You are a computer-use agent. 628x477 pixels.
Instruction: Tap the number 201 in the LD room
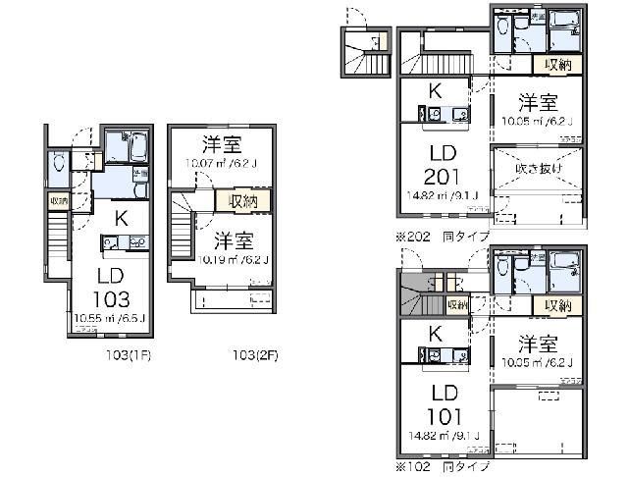point(442,177)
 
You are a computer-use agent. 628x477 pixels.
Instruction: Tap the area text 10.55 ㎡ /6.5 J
point(110,318)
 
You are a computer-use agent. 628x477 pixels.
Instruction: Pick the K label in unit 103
point(120,219)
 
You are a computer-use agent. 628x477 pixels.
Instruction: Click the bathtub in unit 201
point(564,22)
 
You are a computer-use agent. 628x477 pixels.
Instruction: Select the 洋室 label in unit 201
point(538,102)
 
